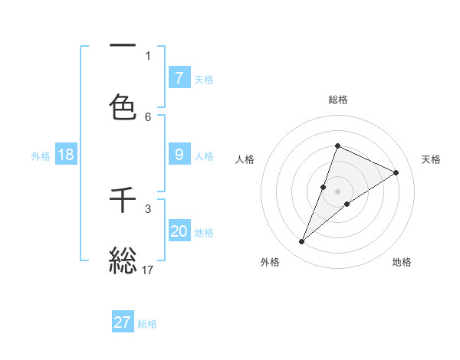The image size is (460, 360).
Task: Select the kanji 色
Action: (123, 106)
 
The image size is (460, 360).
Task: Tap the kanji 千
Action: (123, 201)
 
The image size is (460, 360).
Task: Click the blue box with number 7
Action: (179, 77)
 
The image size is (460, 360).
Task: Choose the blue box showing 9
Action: (179, 155)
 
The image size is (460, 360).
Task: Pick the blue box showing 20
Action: (179, 231)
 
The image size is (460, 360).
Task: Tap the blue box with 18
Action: (66, 155)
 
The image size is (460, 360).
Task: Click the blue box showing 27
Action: (123, 322)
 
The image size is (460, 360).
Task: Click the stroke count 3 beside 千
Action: (148, 208)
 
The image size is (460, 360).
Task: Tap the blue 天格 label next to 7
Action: (204, 79)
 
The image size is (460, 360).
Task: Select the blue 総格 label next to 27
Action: (147, 324)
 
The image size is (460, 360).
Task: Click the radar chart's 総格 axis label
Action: (337, 100)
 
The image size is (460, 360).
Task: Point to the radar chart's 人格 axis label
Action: (245, 159)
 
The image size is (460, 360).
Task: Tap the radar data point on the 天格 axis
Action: (396, 172)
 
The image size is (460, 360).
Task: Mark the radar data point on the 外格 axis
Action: (302, 242)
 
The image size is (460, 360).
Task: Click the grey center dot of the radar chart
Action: (337, 191)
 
